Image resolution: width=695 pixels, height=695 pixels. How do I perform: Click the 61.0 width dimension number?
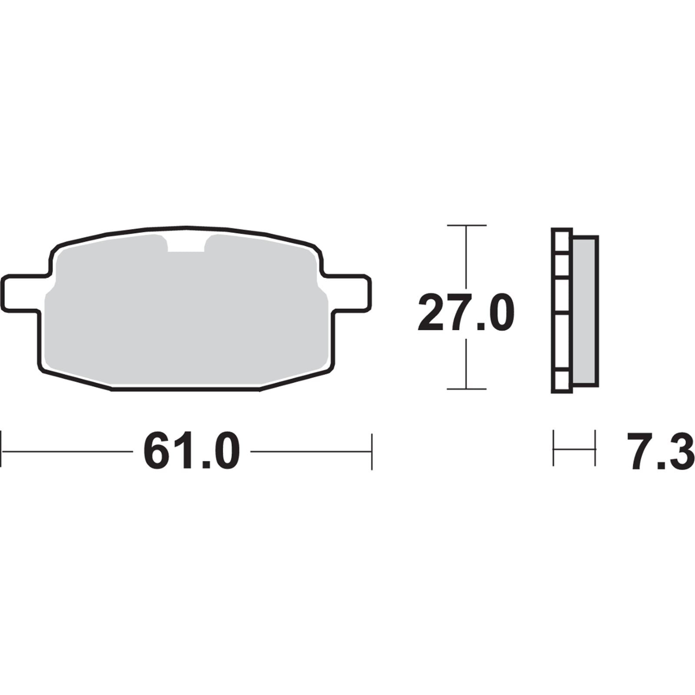click(192, 451)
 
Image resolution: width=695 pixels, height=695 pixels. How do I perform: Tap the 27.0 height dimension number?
click(466, 312)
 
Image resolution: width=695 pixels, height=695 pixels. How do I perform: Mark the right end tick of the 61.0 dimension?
click(372, 451)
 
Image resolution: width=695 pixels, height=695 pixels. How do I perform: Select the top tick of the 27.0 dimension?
click(466, 225)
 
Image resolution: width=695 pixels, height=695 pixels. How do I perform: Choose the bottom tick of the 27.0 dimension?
click(466, 389)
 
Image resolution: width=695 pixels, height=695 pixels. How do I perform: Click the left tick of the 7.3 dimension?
click(553, 448)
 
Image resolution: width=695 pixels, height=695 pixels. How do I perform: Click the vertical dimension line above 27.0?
click(466, 256)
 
